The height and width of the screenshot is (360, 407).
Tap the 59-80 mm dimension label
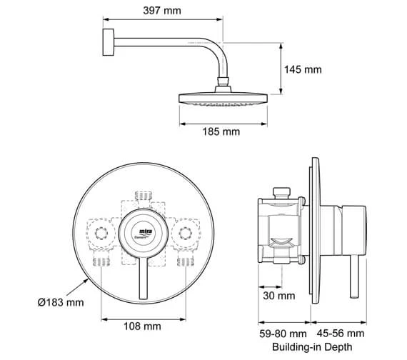point(282,333)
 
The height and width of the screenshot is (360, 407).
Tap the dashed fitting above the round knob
point(143,199)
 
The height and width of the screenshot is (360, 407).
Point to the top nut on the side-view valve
point(281,193)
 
